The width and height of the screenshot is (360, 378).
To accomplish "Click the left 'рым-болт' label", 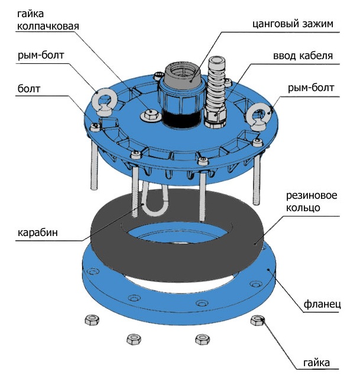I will pos(40,56).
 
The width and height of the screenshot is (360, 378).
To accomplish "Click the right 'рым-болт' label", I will pos(311,89).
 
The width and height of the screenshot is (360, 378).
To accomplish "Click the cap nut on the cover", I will pos(150,114).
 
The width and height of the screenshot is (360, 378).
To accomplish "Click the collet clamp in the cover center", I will pos(181,89).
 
